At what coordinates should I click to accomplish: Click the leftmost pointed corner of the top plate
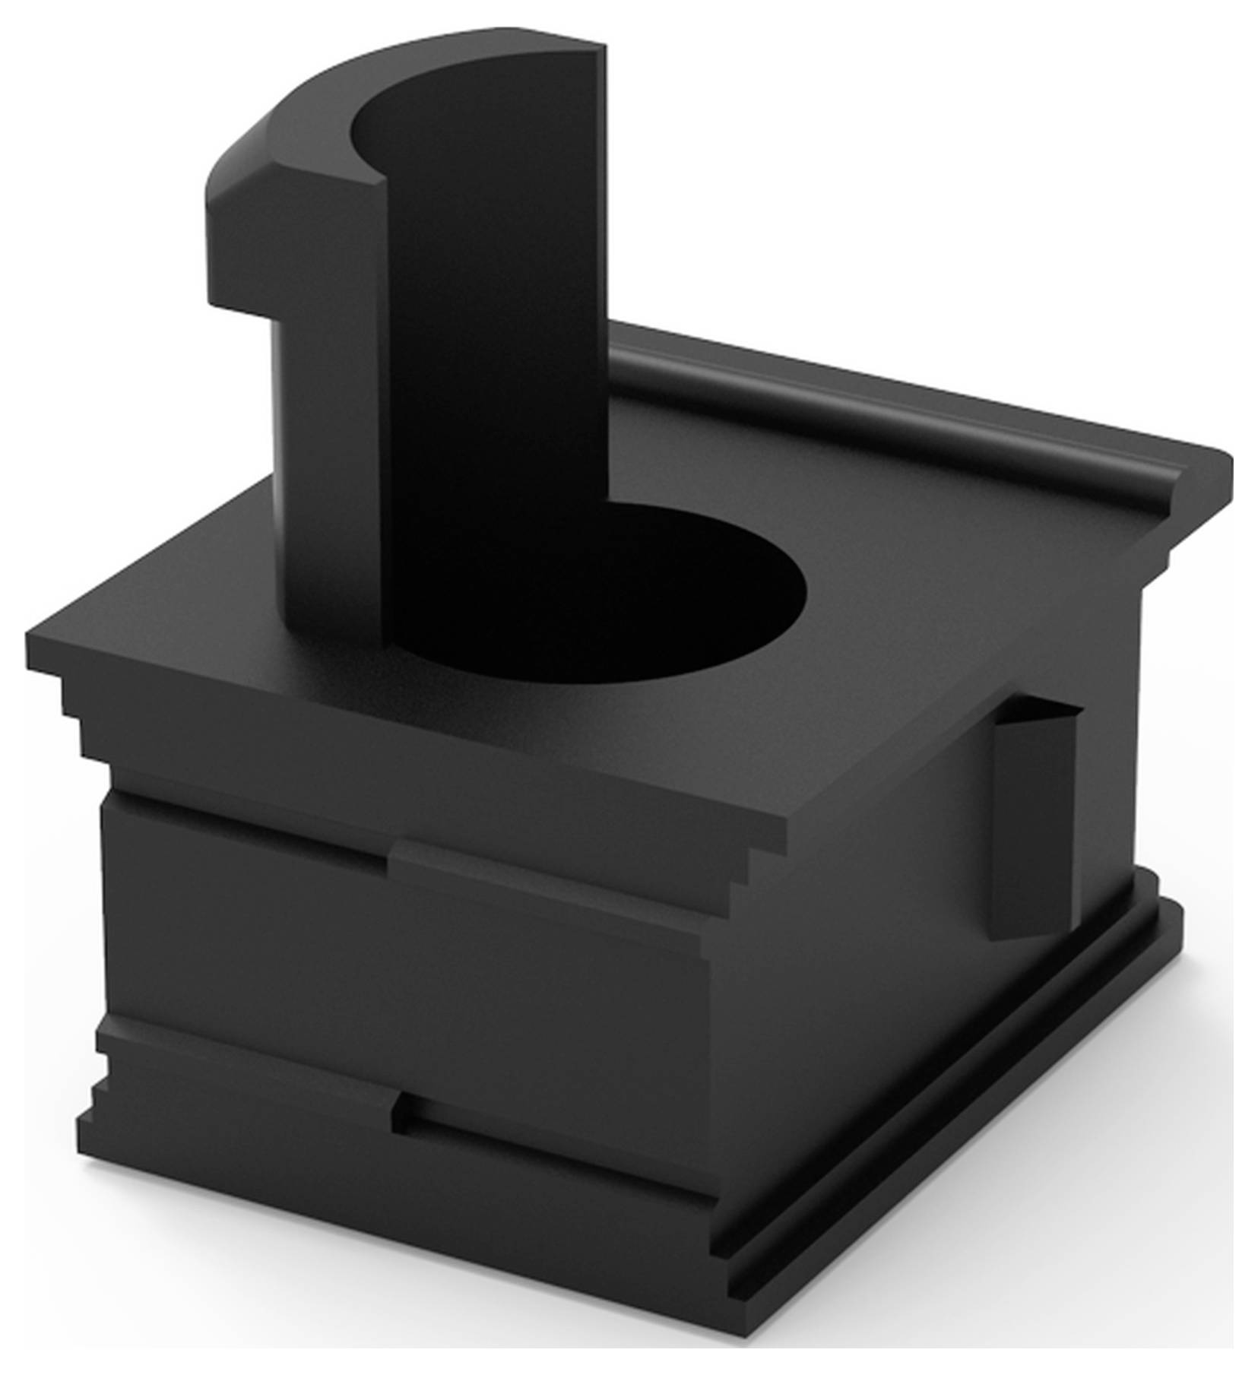coord(34,638)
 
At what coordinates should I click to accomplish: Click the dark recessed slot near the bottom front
coord(562,1155)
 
